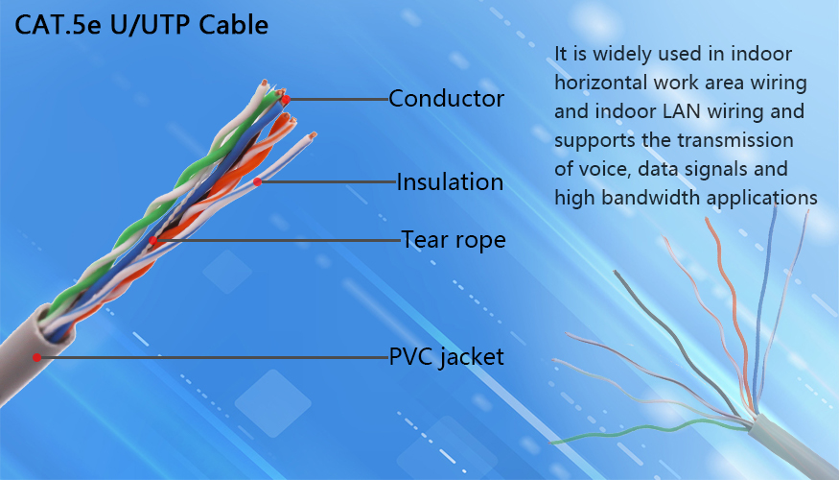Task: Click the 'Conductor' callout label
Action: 446,99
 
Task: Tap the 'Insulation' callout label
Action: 450,182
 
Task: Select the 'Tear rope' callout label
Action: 454,240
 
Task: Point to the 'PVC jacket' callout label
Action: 446,357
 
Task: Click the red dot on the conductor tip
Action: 287,99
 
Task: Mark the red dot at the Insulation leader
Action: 257,182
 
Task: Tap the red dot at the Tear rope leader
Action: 153,241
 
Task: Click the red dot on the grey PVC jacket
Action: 36,357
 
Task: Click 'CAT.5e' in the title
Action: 58,25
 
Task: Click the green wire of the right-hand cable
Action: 642,430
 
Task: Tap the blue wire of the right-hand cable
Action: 764,311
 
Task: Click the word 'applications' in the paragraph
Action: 762,198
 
